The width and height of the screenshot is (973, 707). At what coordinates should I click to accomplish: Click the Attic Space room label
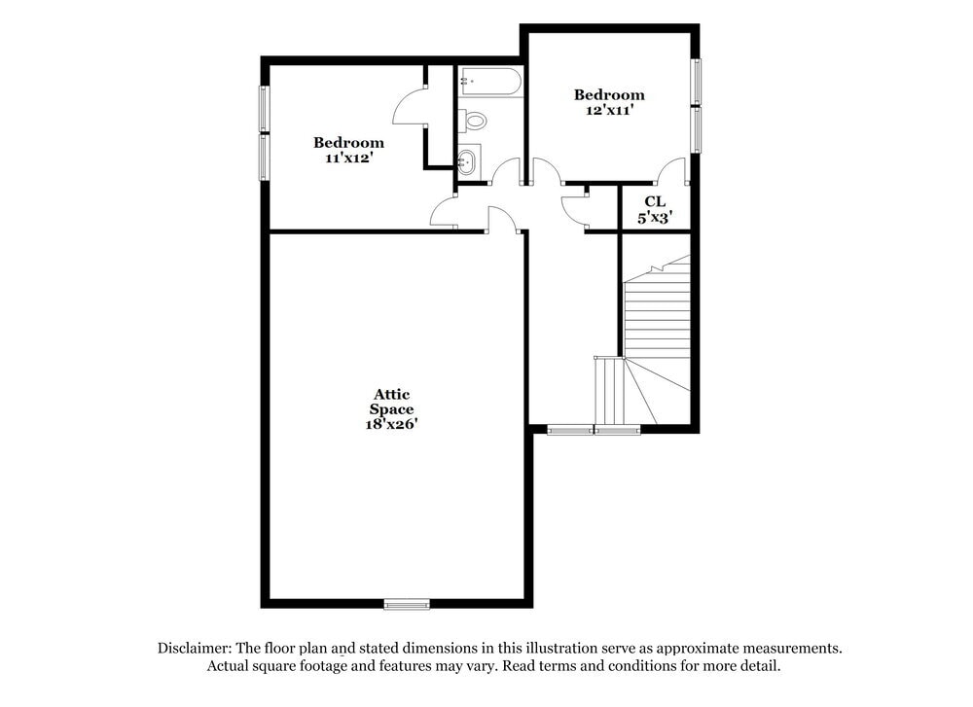pyautogui.click(x=393, y=402)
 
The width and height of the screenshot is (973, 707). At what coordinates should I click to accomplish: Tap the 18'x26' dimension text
pyautogui.click(x=393, y=424)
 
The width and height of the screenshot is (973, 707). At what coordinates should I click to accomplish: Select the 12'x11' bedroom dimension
pyautogui.click(x=609, y=110)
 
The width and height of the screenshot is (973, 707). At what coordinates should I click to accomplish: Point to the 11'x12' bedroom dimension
pyautogui.click(x=348, y=157)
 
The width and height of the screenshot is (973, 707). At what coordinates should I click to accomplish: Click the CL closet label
pyautogui.click(x=655, y=201)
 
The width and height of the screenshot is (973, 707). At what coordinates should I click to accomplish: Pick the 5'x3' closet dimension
pyautogui.click(x=655, y=219)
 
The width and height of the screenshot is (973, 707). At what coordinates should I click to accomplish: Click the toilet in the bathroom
pyautogui.click(x=473, y=121)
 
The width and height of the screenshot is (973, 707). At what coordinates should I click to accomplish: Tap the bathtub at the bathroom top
pyautogui.click(x=490, y=81)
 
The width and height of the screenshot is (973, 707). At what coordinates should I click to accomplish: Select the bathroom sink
pyautogui.click(x=469, y=161)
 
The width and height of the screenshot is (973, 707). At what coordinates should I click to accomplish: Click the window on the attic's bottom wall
pyautogui.click(x=407, y=604)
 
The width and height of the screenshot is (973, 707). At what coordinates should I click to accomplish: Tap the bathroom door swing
pyautogui.click(x=506, y=172)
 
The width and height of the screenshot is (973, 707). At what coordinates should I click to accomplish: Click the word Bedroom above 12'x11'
pyautogui.click(x=609, y=94)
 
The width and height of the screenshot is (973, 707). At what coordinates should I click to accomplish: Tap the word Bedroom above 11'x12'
pyautogui.click(x=348, y=142)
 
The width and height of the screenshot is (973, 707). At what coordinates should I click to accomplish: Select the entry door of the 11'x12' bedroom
pyautogui.click(x=444, y=212)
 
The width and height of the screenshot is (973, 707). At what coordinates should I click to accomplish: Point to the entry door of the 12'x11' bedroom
pyautogui.click(x=546, y=172)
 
